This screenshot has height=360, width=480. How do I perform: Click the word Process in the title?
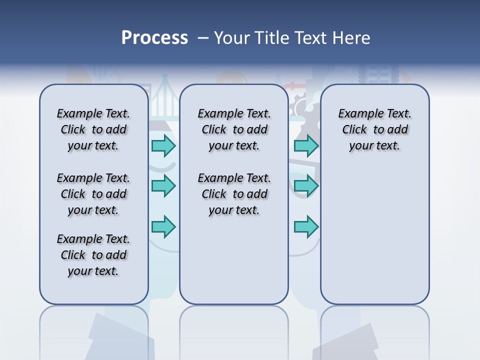click(x=154, y=38)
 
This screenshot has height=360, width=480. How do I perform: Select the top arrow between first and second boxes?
click(x=163, y=145)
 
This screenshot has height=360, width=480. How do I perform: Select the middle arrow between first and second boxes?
click(x=163, y=186)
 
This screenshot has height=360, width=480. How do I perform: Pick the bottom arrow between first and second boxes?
click(x=163, y=226)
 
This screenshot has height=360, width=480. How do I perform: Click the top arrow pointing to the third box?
click(x=306, y=145)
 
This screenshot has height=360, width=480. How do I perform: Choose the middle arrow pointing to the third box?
click(x=306, y=186)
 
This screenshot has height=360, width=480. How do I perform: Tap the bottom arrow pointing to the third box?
click(x=306, y=226)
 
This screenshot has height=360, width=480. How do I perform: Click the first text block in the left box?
click(x=93, y=129)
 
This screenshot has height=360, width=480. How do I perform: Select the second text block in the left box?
click(x=93, y=194)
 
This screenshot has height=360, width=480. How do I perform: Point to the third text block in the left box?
click(x=93, y=255)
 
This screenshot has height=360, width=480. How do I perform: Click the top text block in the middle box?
click(x=234, y=129)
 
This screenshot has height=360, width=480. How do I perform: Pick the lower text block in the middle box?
click(x=234, y=194)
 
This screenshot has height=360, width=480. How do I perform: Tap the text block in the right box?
click(x=374, y=129)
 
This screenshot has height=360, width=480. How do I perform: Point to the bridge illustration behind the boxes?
click(x=163, y=100)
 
